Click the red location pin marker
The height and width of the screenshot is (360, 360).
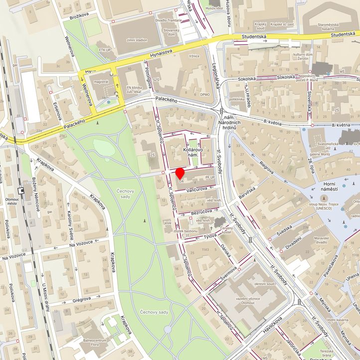tap(180, 174)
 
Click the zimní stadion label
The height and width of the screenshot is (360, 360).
tap(137, 39)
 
